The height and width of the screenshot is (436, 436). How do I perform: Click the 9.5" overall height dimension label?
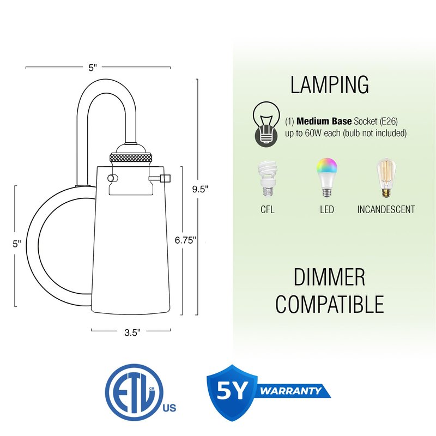(x=200, y=189)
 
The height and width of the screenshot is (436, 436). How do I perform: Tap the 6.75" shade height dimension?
(x=185, y=240)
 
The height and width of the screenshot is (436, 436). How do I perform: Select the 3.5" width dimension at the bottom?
(x=132, y=332)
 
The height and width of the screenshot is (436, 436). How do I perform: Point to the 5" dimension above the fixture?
(x=93, y=68)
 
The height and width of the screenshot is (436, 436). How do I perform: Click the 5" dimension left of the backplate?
(x=17, y=244)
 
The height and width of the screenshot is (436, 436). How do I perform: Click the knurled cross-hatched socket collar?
(x=131, y=158)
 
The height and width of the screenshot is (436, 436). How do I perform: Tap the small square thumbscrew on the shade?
(x=166, y=178)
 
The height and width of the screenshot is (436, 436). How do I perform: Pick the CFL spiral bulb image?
(x=268, y=179)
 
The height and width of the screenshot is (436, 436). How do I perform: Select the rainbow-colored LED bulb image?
(x=326, y=178)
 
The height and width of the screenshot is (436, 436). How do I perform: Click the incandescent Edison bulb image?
(x=386, y=178)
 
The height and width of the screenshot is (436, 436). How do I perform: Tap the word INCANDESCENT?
(x=386, y=209)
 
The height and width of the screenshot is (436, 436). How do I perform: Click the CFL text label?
(x=268, y=209)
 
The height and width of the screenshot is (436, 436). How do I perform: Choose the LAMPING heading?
(x=330, y=84)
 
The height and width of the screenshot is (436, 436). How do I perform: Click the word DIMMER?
(x=329, y=277)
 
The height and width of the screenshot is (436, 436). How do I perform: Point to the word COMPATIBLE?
(x=330, y=304)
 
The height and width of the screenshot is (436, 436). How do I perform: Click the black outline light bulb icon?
(x=266, y=124)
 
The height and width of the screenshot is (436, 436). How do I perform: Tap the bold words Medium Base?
(x=324, y=121)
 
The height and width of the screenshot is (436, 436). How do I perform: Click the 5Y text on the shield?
(x=232, y=390)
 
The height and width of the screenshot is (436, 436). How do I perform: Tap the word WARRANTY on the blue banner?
(x=290, y=391)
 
